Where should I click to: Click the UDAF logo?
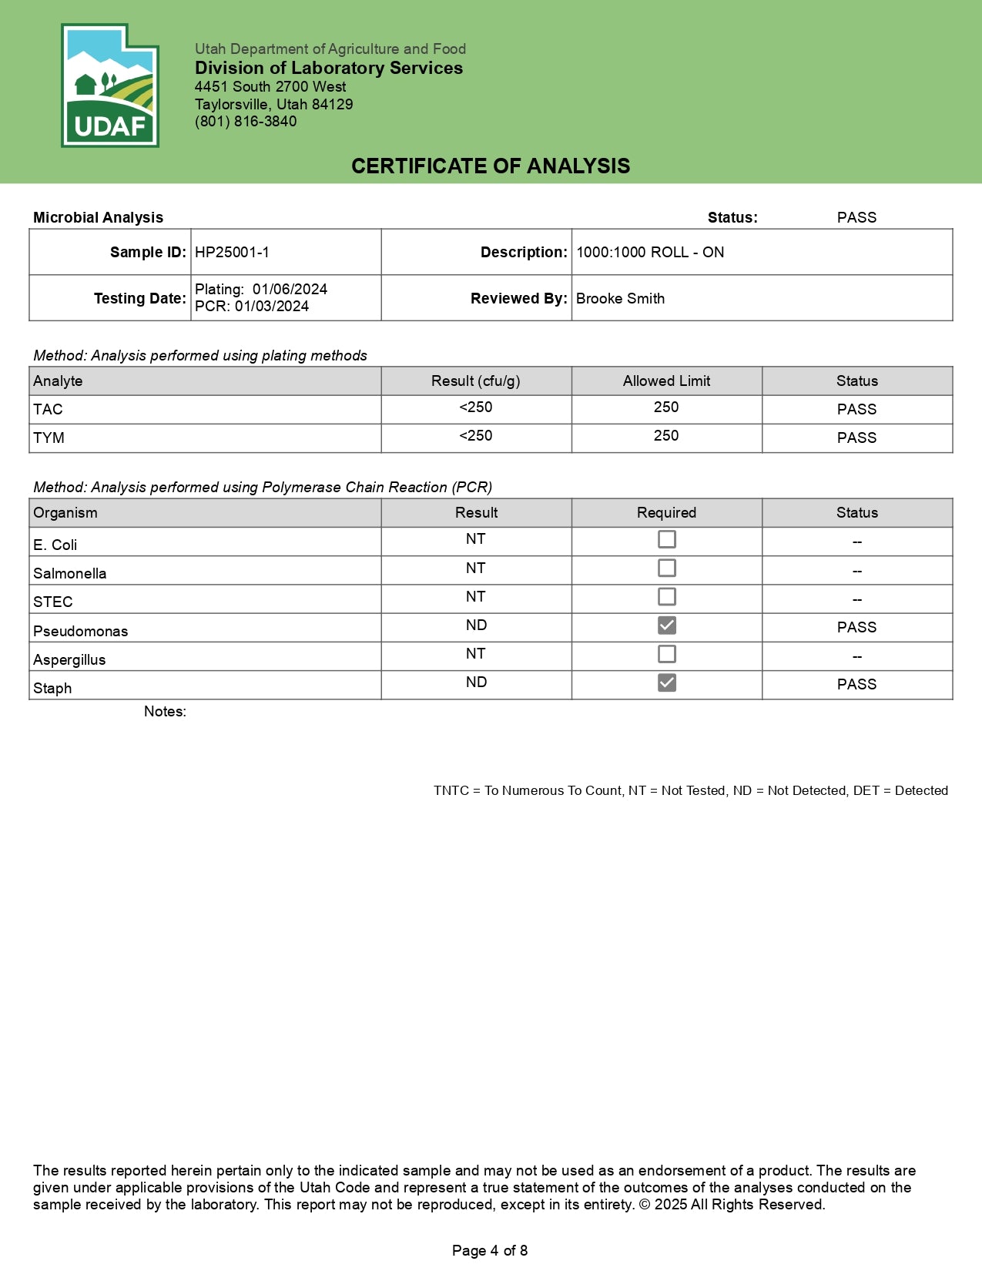coord(110,86)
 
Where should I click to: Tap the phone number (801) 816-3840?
coord(246,121)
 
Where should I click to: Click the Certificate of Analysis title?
coord(491,166)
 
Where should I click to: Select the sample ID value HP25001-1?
coord(232,252)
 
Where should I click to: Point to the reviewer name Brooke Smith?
coord(620,298)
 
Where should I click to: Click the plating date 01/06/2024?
coord(290,289)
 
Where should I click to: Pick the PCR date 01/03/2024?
coord(271,306)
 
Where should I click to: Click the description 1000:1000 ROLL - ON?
coord(650,252)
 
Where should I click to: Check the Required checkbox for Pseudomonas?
coord(667,625)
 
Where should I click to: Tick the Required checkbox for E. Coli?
coord(667,539)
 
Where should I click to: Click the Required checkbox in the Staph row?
coord(667,682)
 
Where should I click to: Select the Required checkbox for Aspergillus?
coord(667,654)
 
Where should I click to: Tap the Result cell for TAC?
coord(476,407)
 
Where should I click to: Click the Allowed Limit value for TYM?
coord(666,436)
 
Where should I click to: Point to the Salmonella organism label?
coord(70,573)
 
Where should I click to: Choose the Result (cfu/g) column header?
coord(476,381)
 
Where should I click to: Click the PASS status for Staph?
coord(856,684)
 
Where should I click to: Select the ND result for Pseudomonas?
coord(476,625)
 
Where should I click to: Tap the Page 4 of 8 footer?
coord(490,1250)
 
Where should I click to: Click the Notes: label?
coord(165,711)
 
